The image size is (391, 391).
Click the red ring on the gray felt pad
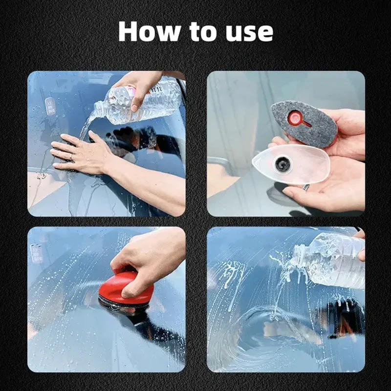click(x=295, y=118)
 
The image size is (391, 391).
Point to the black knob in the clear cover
click(x=282, y=164)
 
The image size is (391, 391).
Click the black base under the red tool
click(x=122, y=306)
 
